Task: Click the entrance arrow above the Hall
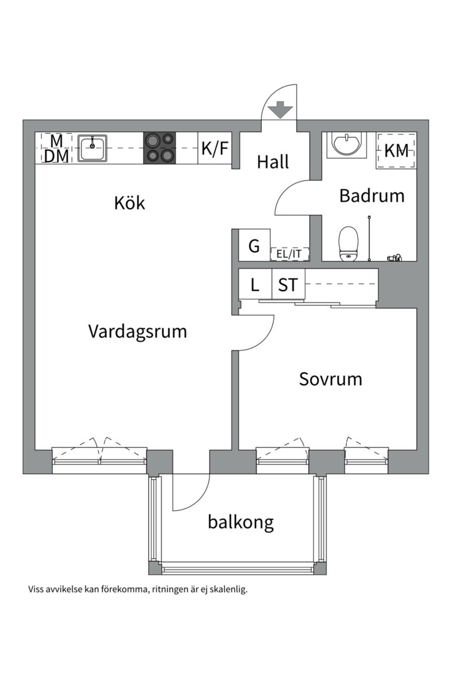click(x=280, y=111)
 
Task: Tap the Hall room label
click(x=273, y=162)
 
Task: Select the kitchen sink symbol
click(x=93, y=148)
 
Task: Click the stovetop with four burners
click(x=159, y=148)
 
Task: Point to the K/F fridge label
click(x=215, y=149)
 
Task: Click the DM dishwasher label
click(x=56, y=157)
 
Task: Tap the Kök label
click(x=130, y=203)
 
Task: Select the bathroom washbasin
click(x=345, y=144)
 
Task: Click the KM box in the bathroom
click(x=396, y=151)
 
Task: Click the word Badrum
click(x=372, y=196)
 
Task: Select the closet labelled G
click(x=254, y=246)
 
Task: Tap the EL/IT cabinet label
click(x=289, y=254)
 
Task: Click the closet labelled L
click(x=254, y=285)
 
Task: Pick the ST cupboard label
click(x=288, y=285)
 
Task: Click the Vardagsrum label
click(x=137, y=331)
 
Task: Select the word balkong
click(x=241, y=522)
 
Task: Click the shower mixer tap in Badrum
click(x=394, y=257)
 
